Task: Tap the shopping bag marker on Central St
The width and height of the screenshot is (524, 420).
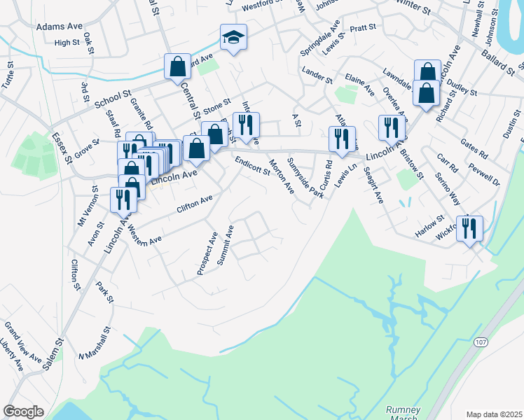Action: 178,67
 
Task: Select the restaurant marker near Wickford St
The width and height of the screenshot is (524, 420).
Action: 469,228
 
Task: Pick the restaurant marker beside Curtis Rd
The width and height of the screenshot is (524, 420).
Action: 342,139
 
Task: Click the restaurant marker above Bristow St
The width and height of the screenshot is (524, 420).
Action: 391,127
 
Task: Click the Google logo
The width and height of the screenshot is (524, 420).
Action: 23,412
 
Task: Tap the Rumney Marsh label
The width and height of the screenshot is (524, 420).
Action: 404,412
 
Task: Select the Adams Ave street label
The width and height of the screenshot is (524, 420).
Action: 59,26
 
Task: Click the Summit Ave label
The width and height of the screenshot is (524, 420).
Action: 225,245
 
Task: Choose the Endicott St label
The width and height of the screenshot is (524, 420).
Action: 252,165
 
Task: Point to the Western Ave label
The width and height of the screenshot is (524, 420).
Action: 145,233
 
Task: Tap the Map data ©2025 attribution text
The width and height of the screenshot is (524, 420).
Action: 494,414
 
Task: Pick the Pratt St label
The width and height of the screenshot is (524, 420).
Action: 363,28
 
